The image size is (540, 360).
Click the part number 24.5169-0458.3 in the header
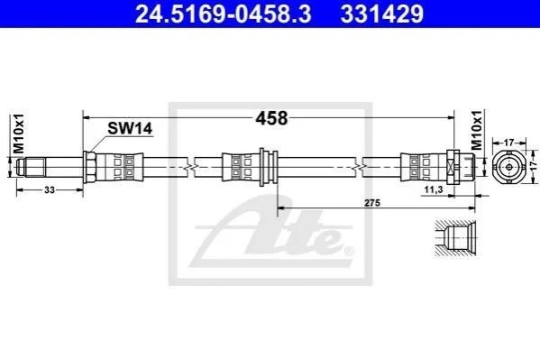coord(224,14)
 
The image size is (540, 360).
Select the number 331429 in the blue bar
coord(382,14)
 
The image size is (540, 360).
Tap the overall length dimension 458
coord(271,118)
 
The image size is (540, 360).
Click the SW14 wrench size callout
coord(130,129)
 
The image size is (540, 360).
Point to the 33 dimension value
coord(50,190)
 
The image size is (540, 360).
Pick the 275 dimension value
coord(372,203)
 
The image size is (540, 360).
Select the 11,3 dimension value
coord(434,189)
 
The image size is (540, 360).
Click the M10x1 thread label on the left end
coord(18,134)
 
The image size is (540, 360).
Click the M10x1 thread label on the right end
coord(477,130)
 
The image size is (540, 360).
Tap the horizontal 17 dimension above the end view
coord(509,142)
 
